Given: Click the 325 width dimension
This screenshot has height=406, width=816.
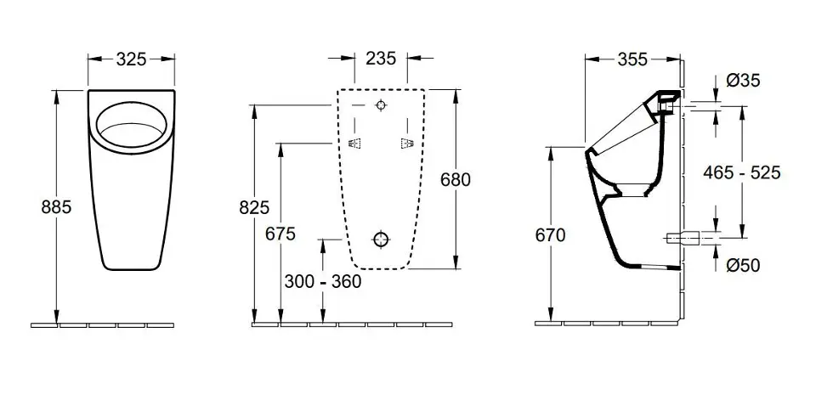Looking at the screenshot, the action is [131, 59].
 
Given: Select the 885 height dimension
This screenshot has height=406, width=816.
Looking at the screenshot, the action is [56, 207].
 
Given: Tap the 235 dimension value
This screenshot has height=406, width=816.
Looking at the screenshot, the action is [381, 59].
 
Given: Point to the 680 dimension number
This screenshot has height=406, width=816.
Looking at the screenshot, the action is [456, 179].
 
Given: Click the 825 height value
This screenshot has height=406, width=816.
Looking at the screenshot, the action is [254, 207].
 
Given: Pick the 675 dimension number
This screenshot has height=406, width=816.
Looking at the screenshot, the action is [280, 234].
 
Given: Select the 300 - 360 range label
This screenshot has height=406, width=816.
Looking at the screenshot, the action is [323, 282].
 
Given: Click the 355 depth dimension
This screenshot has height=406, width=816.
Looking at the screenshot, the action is [632, 59].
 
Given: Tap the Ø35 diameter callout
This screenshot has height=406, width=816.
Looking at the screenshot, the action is [743, 80].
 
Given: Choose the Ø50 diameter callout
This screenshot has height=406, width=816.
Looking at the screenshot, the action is [743, 265].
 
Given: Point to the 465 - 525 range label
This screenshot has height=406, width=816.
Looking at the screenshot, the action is [741, 172].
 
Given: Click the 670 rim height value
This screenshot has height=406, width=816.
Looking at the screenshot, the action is [550, 235].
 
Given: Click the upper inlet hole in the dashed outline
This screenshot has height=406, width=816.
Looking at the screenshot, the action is [382, 105].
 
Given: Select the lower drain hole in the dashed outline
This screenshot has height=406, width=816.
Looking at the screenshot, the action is [382, 240].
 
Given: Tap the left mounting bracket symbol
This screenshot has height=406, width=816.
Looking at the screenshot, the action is [354, 144].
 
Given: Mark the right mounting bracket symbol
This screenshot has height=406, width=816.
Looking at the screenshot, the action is [406, 144].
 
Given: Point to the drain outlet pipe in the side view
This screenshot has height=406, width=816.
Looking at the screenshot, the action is [683, 239].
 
